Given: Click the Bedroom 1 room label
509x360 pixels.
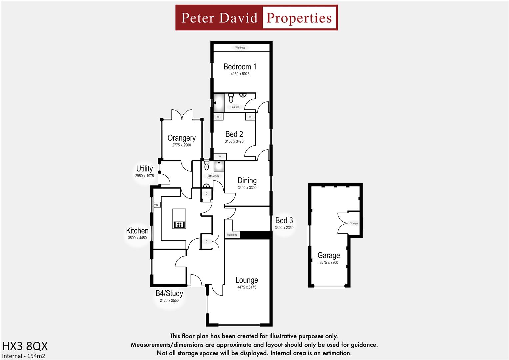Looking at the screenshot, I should (x=240, y=67).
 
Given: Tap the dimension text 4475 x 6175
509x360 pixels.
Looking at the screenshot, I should (x=247, y=287).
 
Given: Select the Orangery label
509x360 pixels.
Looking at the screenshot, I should (x=181, y=138).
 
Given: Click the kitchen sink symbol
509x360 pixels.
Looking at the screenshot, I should (x=157, y=205).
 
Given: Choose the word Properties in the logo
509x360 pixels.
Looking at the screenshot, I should (x=299, y=18).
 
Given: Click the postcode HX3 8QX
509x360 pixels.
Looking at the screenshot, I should (x=25, y=346).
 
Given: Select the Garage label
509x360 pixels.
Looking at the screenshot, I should (x=329, y=255).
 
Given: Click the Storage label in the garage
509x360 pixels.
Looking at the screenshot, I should (x=354, y=223).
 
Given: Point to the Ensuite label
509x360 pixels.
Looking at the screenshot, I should (x=235, y=107).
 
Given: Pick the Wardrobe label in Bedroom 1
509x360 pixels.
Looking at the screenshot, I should (x=240, y=48).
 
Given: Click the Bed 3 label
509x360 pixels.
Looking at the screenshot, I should (x=284, y=221).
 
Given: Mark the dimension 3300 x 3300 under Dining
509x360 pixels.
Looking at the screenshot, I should (x=247, y=188).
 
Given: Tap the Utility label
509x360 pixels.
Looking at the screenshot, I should (x=144, y=169).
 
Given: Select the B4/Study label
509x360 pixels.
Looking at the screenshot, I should (x=169, y=293).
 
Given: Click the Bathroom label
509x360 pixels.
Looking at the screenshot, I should (x=213, y=176).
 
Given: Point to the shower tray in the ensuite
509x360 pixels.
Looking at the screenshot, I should (x=219, y=103).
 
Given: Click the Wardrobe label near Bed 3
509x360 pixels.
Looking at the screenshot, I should (x=232, y=235).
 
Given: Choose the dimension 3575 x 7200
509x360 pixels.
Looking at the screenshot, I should (x=329, y=263).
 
